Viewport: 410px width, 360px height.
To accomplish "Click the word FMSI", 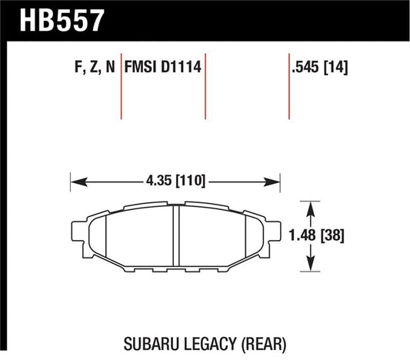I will tap(145, 68).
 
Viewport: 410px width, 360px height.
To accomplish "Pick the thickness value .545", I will tap(305, 68).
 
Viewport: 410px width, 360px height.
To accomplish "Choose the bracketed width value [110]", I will tap(190, 183).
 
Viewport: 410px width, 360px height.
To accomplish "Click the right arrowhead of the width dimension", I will tap(278, 183).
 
